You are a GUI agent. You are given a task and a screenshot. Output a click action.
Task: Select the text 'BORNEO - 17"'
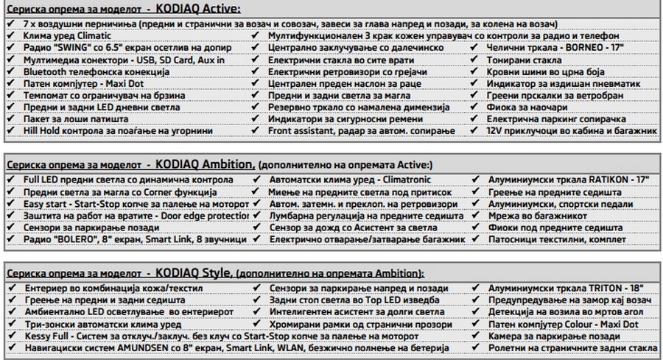pyautogui.click(x=589, y=48)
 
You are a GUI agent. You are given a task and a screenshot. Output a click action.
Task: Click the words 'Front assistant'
pyautogui.click(x=305, y=130)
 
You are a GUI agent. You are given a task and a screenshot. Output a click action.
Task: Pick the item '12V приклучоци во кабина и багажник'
pyautogui.click(x=571, y=130)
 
